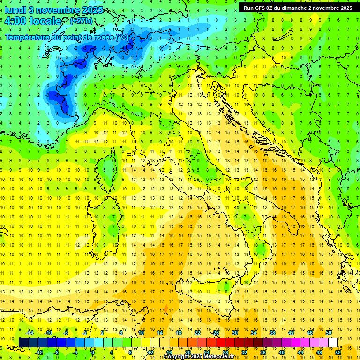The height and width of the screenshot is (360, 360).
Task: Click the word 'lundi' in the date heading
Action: tap(15, 10)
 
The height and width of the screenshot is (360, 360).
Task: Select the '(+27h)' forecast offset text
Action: tap(81, 21)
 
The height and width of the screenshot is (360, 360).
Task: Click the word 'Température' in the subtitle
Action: tap(28, 37)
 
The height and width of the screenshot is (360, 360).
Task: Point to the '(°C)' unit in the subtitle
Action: tap(121, 37)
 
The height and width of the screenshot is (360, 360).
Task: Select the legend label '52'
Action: tap(338, 352)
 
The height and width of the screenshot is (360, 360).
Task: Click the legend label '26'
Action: tap(216, 333)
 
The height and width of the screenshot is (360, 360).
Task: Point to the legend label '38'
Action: tap(272, 333)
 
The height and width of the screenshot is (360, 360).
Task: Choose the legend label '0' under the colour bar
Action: tap(92, 352)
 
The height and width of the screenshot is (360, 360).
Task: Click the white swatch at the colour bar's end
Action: tap(333, 342)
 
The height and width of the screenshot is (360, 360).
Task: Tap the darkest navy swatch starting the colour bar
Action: tap(23, 342)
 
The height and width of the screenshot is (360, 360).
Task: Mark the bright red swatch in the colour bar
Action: tap(220, 342)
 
